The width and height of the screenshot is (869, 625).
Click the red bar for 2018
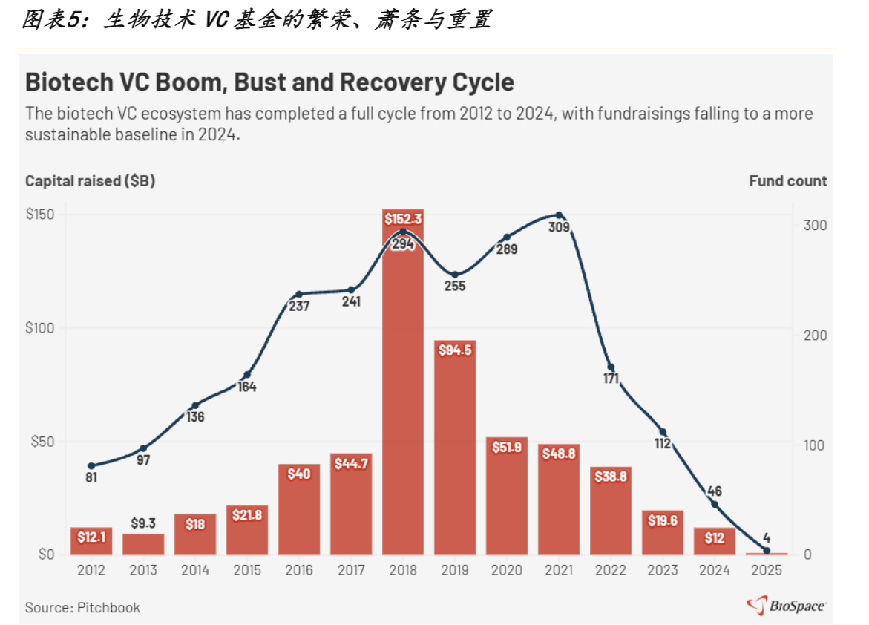click(403, 382)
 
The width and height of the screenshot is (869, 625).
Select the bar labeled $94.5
click(455, 448)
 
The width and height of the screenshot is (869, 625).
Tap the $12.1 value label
click(91, 537)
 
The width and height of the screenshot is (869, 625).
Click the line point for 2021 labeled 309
click(560, 215)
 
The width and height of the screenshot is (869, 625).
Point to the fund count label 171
click(611, 379)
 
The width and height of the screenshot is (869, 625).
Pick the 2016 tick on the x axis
click(299, 570)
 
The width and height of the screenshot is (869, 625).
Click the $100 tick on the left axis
click(40, 328)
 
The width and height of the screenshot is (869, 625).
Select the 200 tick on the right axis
click(816, 335)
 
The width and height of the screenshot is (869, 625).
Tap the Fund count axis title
click(787, 181)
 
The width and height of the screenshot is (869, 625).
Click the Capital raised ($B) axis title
click(91, 181)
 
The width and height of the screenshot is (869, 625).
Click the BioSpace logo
click(786, 605)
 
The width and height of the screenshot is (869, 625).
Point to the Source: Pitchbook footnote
click(82, 607)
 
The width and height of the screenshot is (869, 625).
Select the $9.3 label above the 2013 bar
click(143, 523)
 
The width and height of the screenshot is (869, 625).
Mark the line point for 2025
click(767, 551)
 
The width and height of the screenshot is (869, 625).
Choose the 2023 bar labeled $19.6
click(663, 532)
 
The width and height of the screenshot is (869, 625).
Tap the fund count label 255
click(455, 287)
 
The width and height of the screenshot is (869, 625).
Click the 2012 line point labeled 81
click(91, 466)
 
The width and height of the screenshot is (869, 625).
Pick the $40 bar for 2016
click(299, 509)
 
